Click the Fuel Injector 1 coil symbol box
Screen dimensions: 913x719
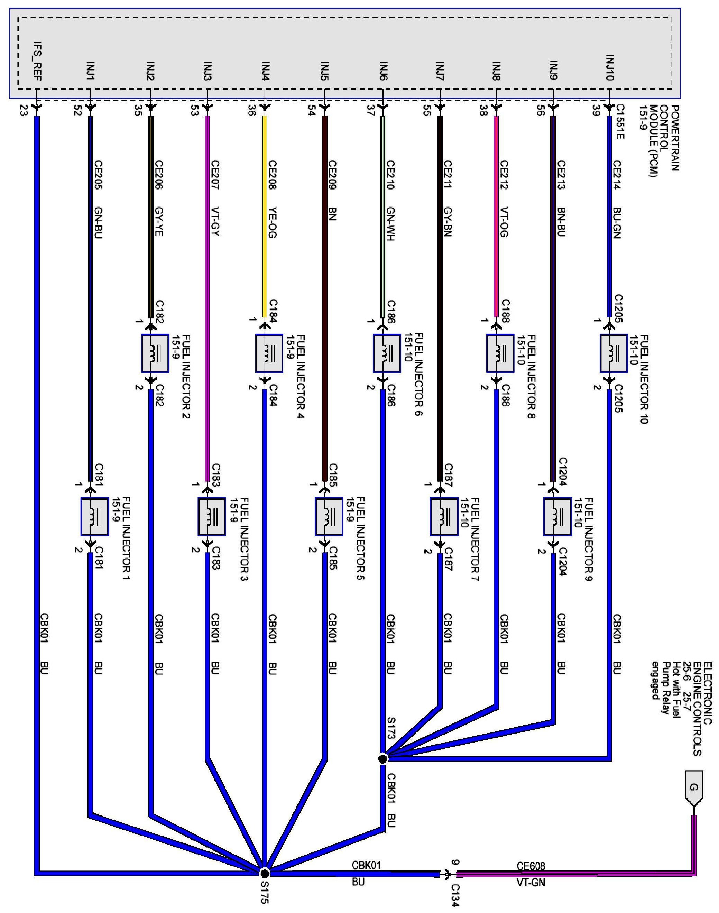pos(94,516)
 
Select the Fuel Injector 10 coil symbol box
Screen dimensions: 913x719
pos(613,353)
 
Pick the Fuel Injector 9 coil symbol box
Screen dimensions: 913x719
pos(557,516)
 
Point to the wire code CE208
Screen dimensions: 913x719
pos(273,175)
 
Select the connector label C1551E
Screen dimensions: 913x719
pos(620,122)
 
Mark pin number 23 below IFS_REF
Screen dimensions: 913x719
pos(24,110)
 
